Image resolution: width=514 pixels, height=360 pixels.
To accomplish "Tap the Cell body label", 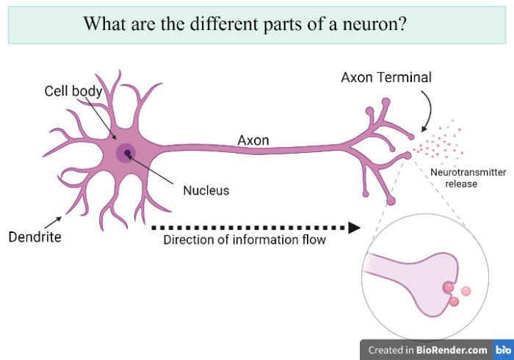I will [x=73, y=91].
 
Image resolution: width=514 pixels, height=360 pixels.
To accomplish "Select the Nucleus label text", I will [x=206, y=190].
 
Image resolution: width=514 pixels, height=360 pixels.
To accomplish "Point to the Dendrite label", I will [x=35, y=237].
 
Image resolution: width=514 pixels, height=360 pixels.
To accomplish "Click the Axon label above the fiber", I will [x=253, y=140].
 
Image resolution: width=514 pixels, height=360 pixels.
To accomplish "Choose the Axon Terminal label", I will [x=386, y=77].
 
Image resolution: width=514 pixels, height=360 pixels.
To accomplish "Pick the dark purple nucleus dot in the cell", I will [x=128, y=153].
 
